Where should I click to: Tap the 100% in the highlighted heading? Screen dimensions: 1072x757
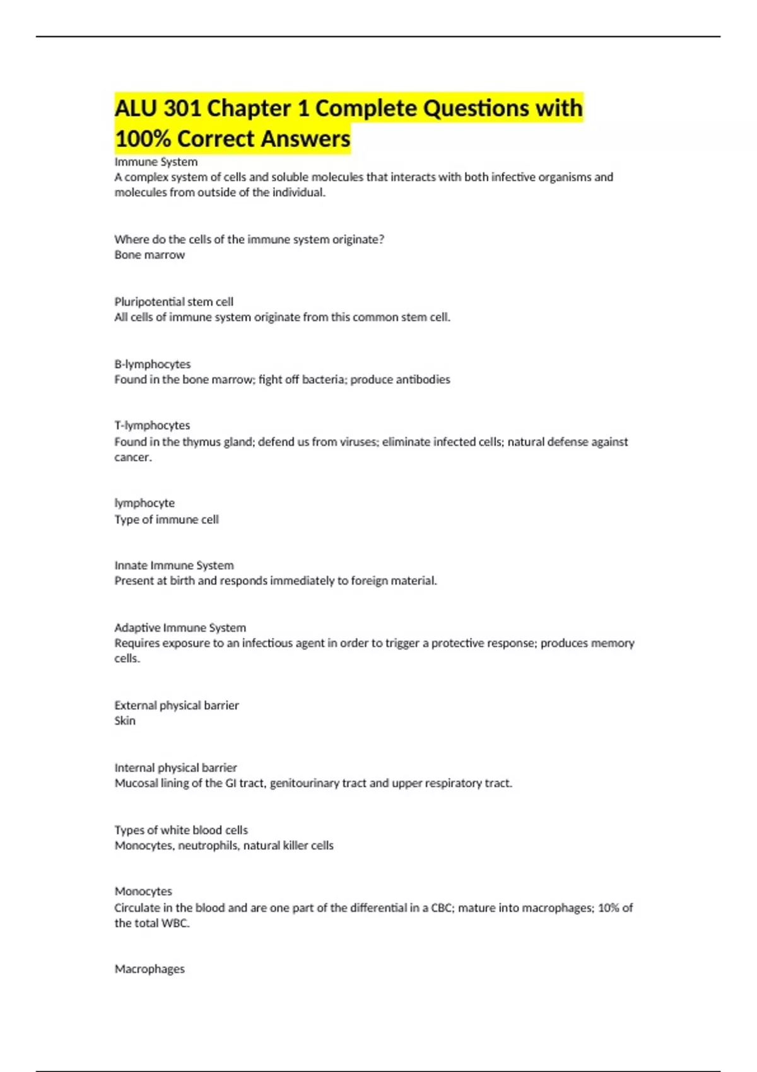pos(143,139)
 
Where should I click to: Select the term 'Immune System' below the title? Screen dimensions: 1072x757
pos(156,162)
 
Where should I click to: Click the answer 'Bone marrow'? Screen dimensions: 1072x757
pos(150,255)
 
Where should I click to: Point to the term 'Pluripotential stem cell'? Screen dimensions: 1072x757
pos(173,301)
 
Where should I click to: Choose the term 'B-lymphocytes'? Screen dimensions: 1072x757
pos(152,364)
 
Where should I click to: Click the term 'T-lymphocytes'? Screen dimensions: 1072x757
pos(152,426)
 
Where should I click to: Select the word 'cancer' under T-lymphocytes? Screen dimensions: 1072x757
pos(132,457)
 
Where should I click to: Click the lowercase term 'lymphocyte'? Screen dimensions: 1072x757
pos(144,503)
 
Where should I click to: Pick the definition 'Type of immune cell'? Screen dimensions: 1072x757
pos(167,520)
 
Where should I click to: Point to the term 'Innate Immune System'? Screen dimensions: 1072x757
pos(174,565)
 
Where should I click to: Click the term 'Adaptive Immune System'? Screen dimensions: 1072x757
pos(180,627)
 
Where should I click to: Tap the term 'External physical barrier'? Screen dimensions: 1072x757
pos(177,705)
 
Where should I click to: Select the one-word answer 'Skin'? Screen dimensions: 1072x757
pos(125,721)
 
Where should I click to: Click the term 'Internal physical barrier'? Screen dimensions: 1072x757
pos(175,767)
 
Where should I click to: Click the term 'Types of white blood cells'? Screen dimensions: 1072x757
pos(181,830)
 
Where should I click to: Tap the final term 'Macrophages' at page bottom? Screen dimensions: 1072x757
pos(150,969)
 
